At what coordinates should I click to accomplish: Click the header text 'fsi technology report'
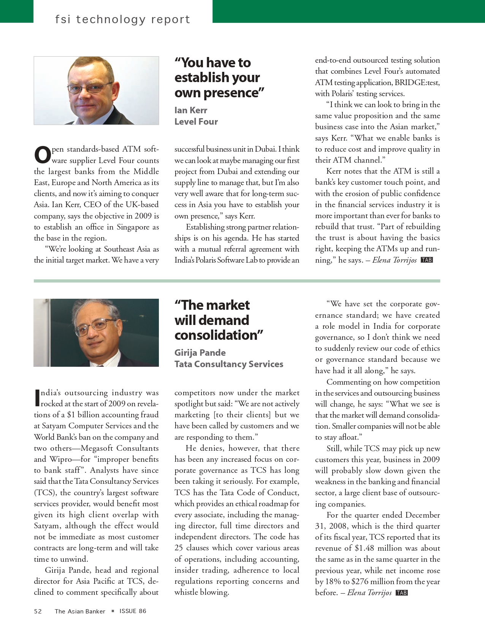point(122,19)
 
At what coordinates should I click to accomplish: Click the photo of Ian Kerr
point(96,90)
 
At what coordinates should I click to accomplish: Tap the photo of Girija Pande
point(96,333)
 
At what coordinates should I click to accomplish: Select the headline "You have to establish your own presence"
point(219,78)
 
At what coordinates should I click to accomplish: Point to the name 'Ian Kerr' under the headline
point(191,110)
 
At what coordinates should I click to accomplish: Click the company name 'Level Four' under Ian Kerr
point(196,122)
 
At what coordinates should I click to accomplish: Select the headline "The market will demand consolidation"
point(219,320)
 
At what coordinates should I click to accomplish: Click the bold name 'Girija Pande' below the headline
point(200,353)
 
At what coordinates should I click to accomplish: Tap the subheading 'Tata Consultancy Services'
point(229,364)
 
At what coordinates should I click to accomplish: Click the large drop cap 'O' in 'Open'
point(43,155)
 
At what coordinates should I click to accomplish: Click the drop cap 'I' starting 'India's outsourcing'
point(37,398)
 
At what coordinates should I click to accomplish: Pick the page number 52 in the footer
point(38,611)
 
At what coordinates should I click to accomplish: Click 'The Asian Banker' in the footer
point(80,611)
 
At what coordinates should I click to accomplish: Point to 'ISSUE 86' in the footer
point(133,611)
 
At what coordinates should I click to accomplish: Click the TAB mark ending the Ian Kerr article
point(427,260)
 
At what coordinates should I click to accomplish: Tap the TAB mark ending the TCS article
point(402,593)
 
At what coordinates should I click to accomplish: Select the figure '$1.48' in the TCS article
point(365,548)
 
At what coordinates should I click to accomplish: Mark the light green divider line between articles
point(237,281)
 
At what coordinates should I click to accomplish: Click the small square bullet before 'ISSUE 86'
point(113,611)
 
